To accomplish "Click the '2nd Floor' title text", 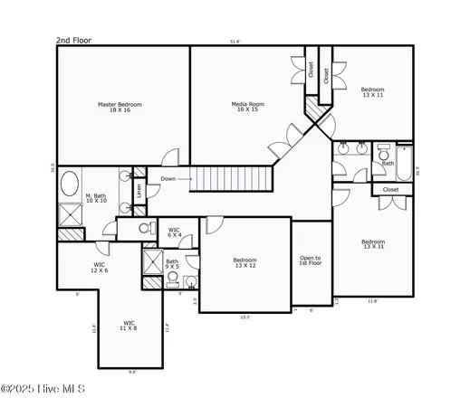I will pyautogui.click(x=73, y=41).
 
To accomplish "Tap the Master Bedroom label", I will pyautogui.click(x=120, y=108).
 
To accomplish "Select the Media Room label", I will pyautogui.click(x=247, y=108).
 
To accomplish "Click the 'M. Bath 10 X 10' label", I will pyautogui.click(x=97, y=198).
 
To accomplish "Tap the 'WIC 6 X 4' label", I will pyautogui.click(x=175, y=232).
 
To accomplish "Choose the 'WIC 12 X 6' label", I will pyautogui.click(x=99, y=268).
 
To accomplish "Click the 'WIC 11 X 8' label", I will pyautogui.click(x=130, y=325).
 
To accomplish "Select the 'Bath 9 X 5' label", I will pyautogui.click(x=172, y=264).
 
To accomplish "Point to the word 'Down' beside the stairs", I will pyautogui.click(x=168, y=179).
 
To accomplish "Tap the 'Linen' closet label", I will pyautogui.click(x=139, y=191).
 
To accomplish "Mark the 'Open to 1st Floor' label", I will pyautogui.click(x=311, y=261).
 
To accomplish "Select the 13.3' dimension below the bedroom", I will pyautogui.click(x=245, y=317).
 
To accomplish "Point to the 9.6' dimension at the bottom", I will pyautogui.click(x=132, y=372).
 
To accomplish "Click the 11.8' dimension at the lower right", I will pyautogui.click(x=372, y=301).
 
